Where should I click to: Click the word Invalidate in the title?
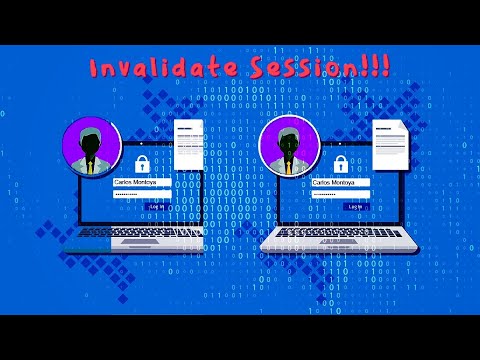pyautogui.click(x=160, y=69)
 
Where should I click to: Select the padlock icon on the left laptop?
pyautogui.click(x=142, y=161)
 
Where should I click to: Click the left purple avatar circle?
pyautogui.click(x=91, y=147)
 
